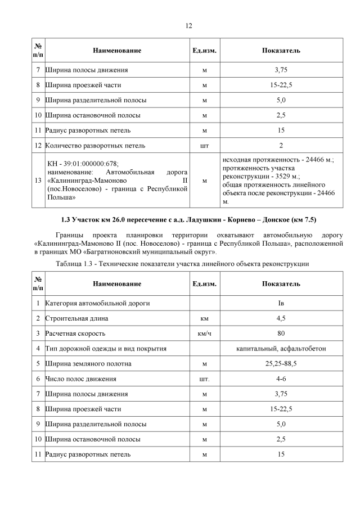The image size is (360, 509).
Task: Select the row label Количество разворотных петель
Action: tap(95, 146)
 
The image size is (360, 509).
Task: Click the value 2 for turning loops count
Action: tap(281, 146)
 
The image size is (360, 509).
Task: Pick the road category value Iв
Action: tap(281, 303)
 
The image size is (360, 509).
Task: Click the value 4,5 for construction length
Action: tap(281, 318)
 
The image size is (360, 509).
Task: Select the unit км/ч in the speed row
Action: tap(204, 334)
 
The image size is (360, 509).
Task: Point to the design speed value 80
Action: tap(281, 334)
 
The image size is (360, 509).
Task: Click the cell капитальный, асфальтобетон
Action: tap(281, 349)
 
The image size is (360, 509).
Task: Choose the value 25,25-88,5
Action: tap(281, 364)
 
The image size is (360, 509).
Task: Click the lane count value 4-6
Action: tap(281, 379)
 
